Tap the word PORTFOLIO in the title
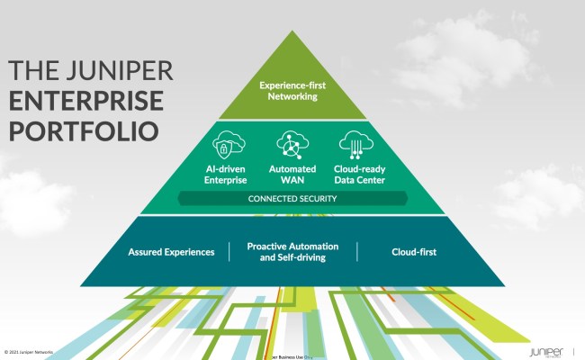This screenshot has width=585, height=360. (x=83, y=129)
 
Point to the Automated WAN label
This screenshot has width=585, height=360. (x=292, y=174)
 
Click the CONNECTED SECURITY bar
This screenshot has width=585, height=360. (x=292, y=198)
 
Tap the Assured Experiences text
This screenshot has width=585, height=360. (x=171, y=252)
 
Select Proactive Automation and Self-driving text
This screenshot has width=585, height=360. (x=292, y=252)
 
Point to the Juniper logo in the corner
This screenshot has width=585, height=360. (x=548, y=350)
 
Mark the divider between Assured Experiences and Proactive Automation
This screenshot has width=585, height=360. (x=229, y=251)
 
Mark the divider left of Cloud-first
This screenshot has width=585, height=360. (x=357, y=251)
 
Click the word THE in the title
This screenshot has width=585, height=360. (x=35, y=70)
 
